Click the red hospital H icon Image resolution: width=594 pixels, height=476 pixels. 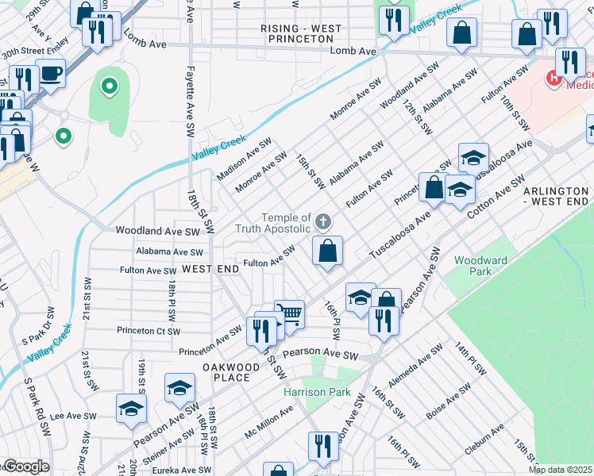[x=553, y=78]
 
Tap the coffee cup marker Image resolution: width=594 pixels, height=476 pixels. [x=50, y=74]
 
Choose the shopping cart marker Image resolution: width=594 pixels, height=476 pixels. [x=290, y=314]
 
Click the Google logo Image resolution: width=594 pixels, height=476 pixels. [x=25, y=466]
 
